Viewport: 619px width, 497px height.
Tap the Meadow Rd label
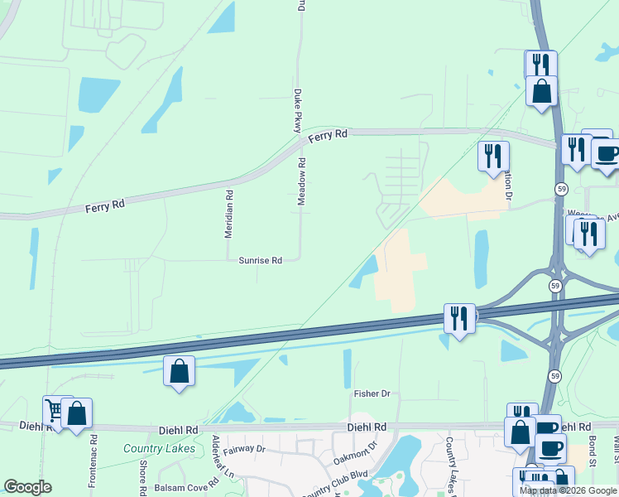pyautogui.click(x=302, y=183)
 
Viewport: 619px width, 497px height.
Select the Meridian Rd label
pyautogui.click(x=230, y=215)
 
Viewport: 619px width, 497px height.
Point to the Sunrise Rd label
pyautogui.click(x=261, y=260)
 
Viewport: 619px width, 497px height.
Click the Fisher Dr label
pyautogui.click(x=372, y=393)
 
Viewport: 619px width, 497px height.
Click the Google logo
pyautogui.click(x=27, y=487)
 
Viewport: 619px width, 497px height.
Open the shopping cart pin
pyautogui.click(x=55, y=410)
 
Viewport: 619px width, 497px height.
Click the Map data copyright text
pyautogui.click(x=569, y=490)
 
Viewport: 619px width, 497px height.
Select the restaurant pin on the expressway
pyautogui.click(x=459, y=318)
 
